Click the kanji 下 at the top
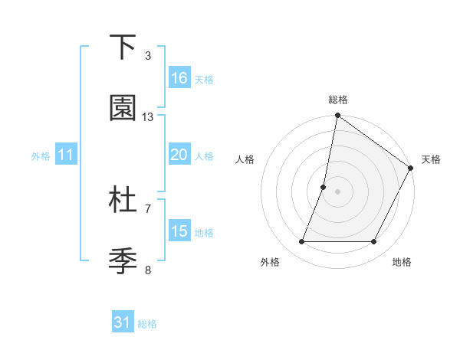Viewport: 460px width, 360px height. (x=123, y=47)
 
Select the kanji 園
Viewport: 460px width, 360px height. (x=123, y=109)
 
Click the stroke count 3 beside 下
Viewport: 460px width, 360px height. (x=147, y=56)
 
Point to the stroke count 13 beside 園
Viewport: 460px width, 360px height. (x=148, y=117)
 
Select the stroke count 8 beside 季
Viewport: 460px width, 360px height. (x=147, y=270)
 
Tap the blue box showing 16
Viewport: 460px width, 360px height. (x=179, y=77)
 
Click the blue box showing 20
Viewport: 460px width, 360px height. (x=179, y=155)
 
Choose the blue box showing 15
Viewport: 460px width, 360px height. (x=179, y=231)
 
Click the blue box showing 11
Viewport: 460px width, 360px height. (x=66, y=155)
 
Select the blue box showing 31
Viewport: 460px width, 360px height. (x=123, y=322)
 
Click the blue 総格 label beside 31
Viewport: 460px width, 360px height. (x=147, y=324)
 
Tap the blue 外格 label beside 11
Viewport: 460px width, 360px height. (x=41, y=156)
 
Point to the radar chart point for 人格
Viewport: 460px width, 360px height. (x=324, y=187)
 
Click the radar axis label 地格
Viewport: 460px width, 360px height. (x=402, y=262)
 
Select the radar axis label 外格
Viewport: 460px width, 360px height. (x=270, y=262)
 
